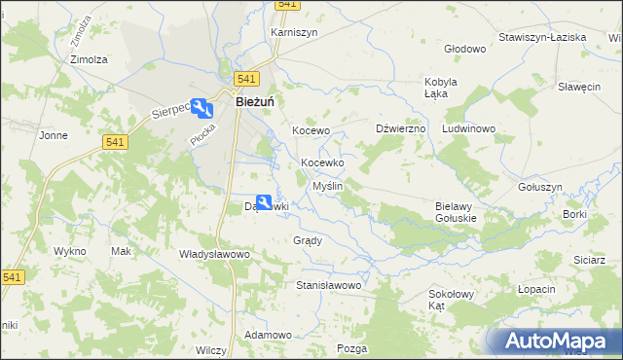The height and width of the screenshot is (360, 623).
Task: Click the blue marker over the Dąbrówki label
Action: (264, 202)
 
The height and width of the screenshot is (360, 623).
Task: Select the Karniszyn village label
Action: (294, 32)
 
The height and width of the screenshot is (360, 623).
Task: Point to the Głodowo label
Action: (464, 49)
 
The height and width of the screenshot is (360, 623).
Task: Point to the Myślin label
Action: (328, 185)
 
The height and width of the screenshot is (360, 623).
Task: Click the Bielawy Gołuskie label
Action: (455, 212)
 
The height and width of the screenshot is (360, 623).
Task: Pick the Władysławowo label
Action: (215, 254)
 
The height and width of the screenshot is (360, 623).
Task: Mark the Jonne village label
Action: (53, 135)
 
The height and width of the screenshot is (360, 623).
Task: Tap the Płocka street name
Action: (202, 132)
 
